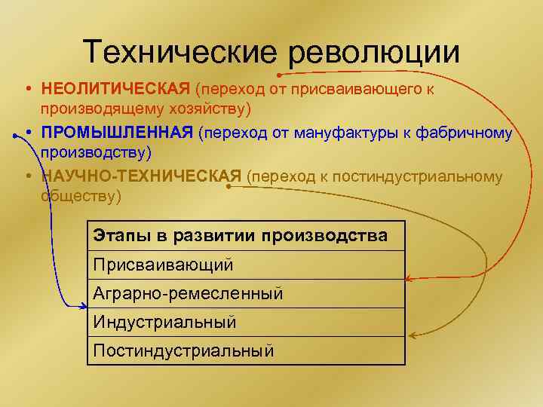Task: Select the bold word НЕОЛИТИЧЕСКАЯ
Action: click(115, 90)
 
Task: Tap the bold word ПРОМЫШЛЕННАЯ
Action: click(118, 133)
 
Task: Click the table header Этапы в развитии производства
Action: click(241, 235)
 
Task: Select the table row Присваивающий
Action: click(164, 265)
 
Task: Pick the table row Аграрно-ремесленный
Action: click(189, 293)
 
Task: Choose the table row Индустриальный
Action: click(165, 322)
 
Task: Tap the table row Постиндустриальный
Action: click(183, 350)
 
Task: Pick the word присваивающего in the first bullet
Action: click(354, 90)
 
